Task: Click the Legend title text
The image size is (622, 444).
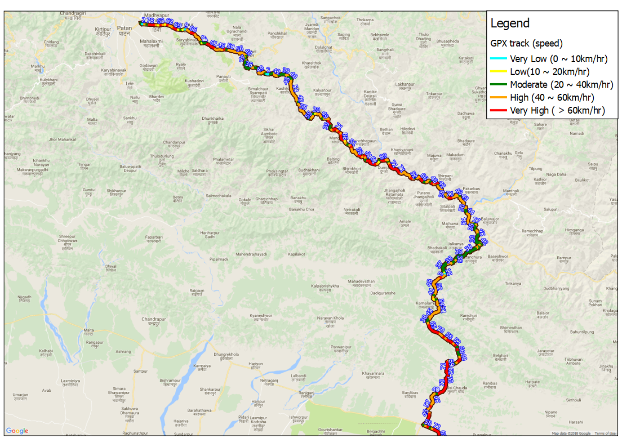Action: click(510, 23)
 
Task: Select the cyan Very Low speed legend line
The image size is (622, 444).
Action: click(498, 59)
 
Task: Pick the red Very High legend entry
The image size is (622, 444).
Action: click(498, 111)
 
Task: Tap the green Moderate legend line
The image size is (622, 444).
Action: click(498, 85)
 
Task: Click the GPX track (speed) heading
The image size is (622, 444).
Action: click(526, 43)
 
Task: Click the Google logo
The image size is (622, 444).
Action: click(17, 431)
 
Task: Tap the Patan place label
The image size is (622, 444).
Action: click(124, 28)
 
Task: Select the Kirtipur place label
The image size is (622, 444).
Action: click(103, 29)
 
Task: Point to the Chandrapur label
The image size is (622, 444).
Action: click(154, 319)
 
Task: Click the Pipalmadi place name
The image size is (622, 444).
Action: click(218, 259)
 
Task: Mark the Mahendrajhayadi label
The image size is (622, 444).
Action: click(251, 254)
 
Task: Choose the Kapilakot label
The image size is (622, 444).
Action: click(296, 254)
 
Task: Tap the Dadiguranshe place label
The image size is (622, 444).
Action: click(383, 293)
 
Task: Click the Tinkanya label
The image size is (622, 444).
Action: click(513, 284)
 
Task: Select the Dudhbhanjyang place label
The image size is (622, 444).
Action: click(556, 289)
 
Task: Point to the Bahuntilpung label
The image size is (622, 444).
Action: click(582, 332)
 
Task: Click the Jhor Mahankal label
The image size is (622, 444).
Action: click(62, 139)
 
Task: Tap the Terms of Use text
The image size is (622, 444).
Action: click(605, 433)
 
